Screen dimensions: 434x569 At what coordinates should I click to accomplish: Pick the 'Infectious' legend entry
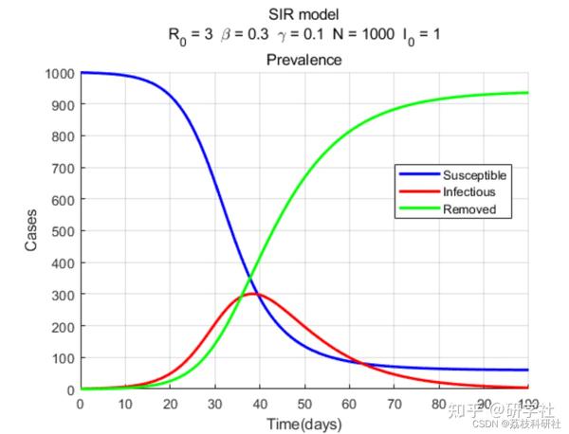(469, 191)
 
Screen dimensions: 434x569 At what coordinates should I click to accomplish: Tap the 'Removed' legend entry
(468, 208)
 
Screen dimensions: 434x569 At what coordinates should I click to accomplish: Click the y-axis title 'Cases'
(31, 231)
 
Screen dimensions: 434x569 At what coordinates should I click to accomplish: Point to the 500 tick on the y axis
(63, 231)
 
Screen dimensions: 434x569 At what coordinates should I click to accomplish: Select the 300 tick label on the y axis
(63, 295)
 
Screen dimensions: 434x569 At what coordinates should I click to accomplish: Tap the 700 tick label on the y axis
(63, 169)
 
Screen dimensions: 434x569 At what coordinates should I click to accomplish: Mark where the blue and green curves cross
(249, 279)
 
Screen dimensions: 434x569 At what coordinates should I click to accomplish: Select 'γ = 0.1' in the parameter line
(303, 34)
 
